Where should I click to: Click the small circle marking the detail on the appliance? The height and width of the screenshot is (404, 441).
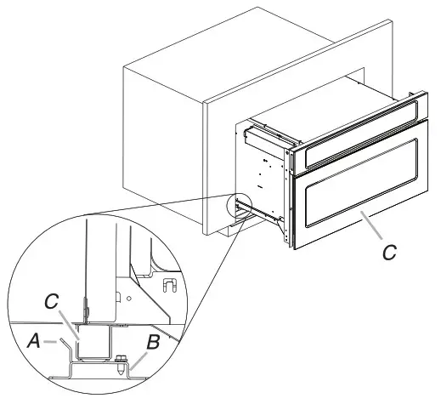point(239,203)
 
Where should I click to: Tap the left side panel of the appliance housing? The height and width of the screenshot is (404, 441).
point(268,170)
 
